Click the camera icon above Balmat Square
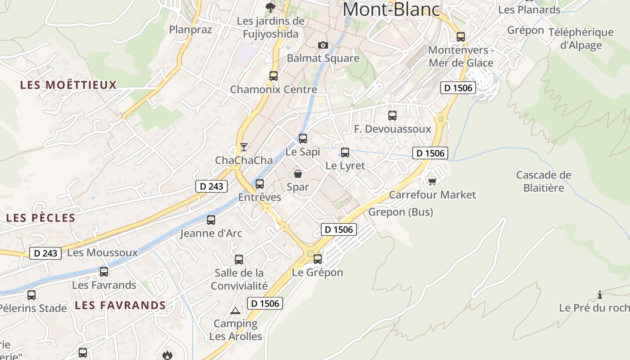pos(323,45)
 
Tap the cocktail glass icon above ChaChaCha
pos(243,147)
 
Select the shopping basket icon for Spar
pos(297,174)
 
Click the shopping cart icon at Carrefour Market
pos(432,181)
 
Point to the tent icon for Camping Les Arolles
pos(235,310)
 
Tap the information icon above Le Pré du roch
pos(599,295)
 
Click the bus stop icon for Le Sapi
pos(303,138)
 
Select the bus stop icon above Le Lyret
pos(345,152)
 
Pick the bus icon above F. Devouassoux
pos(392,116)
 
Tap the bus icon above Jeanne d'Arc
pos(211,220)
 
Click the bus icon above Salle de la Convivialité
pos(239,259)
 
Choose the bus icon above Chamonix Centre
pos(274,76)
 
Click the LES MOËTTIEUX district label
pos(68,85)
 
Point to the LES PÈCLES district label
pos(40,218)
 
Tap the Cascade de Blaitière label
pos(544,181)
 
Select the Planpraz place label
pos(190,30)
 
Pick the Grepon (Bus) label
pos(400,212)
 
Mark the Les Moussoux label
pos(102,252)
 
